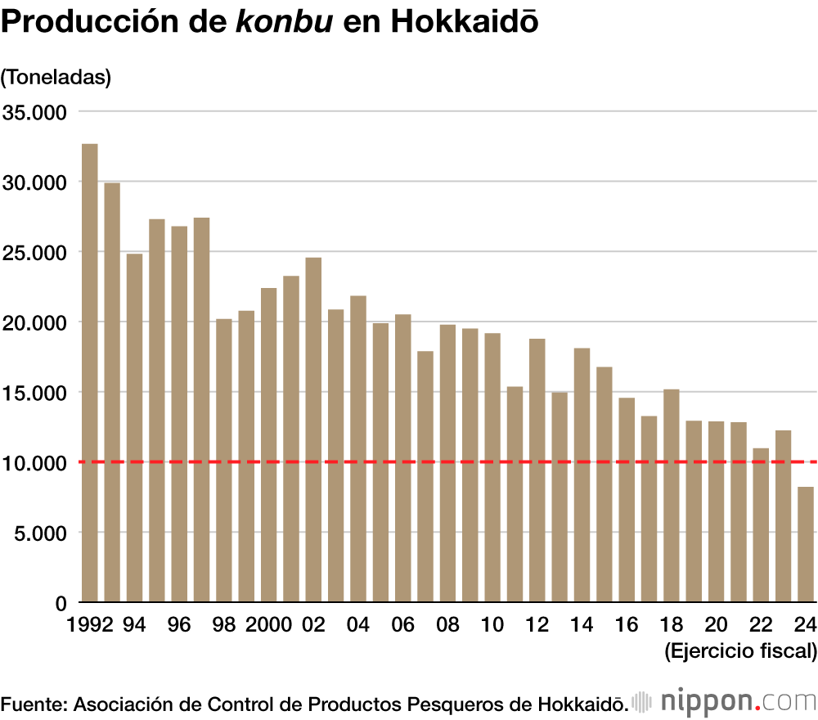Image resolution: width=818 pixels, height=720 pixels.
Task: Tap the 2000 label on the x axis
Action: coord(268,624)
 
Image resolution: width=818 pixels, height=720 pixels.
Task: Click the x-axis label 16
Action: coord(627,624)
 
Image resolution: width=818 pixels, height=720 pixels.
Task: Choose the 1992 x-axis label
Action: coord(91,624)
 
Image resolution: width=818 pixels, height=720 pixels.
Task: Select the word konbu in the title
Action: coord(284,22)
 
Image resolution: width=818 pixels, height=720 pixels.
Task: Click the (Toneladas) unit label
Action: coord(56,77)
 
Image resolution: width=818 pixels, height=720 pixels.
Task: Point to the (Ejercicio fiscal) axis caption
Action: coord(740,651)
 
